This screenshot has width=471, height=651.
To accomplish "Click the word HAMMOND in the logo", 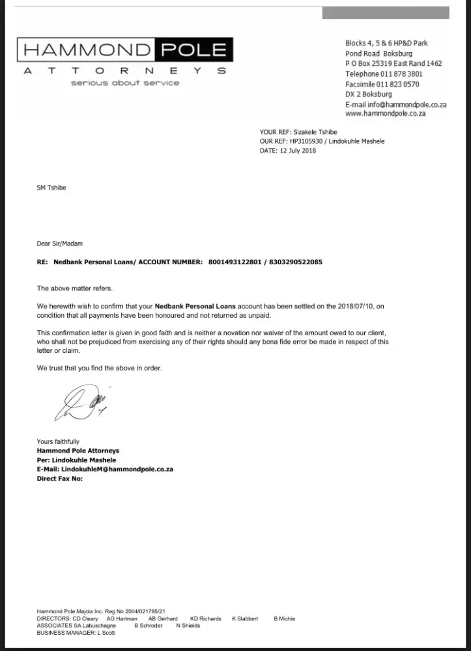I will tap(86, 50).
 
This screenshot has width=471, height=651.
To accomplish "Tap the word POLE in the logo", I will tap(192, 50).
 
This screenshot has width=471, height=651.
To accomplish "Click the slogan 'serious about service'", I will tap(125, 83).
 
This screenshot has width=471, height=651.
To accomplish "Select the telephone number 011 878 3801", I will tap(402, 74).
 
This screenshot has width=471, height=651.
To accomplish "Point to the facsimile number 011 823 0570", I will tap(400, 84).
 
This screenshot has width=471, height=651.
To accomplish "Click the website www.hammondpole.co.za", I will tap(385, 113).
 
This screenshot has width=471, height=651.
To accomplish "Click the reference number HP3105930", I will tap(308, 141).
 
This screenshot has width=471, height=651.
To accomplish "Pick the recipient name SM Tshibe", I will tap(51, 187).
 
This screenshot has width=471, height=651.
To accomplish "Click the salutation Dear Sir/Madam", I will tap(60, 243).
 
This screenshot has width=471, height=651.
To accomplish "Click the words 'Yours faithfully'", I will tap(58, 441).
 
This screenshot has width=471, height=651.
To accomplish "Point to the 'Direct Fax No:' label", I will tap(60, 478).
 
